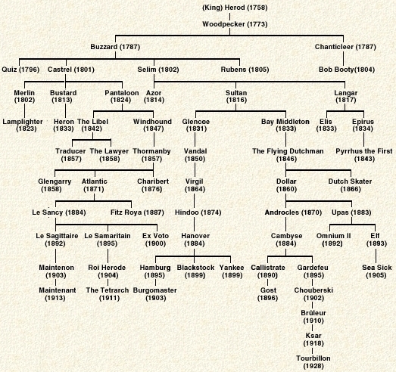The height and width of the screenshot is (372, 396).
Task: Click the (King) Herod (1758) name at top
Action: pos(235,8)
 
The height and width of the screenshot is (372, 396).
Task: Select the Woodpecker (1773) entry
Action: pos(235,24)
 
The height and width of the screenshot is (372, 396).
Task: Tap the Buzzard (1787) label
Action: pos(115,47)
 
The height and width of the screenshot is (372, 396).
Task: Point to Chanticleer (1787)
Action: pos(345,47)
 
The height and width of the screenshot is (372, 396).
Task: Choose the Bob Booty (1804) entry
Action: pos(347,70)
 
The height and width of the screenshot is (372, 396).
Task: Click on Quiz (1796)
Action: pos(20,70)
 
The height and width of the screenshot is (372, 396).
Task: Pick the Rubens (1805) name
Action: pos(245,70)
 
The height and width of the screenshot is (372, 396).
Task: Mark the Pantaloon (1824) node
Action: pos(122,96)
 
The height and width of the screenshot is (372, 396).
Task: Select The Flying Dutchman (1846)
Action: pos(288,155)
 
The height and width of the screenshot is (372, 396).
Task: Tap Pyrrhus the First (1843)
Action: pos(364,155)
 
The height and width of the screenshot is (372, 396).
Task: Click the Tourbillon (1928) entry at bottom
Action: pos(313,362)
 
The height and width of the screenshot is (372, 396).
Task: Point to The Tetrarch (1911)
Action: pos(108,294)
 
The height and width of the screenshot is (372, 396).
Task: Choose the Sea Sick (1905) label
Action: pos(376,271)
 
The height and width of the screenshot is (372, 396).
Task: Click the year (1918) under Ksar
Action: pos(313,343)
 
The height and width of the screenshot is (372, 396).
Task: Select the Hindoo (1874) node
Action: pos(198,212)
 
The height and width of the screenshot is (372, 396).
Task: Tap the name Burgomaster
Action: pos(154,290)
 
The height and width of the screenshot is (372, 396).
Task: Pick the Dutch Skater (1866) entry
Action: pos(351,185)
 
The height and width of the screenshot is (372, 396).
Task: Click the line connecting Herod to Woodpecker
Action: pos(229,17)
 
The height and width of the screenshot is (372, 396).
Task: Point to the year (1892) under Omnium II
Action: pos(332,243)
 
